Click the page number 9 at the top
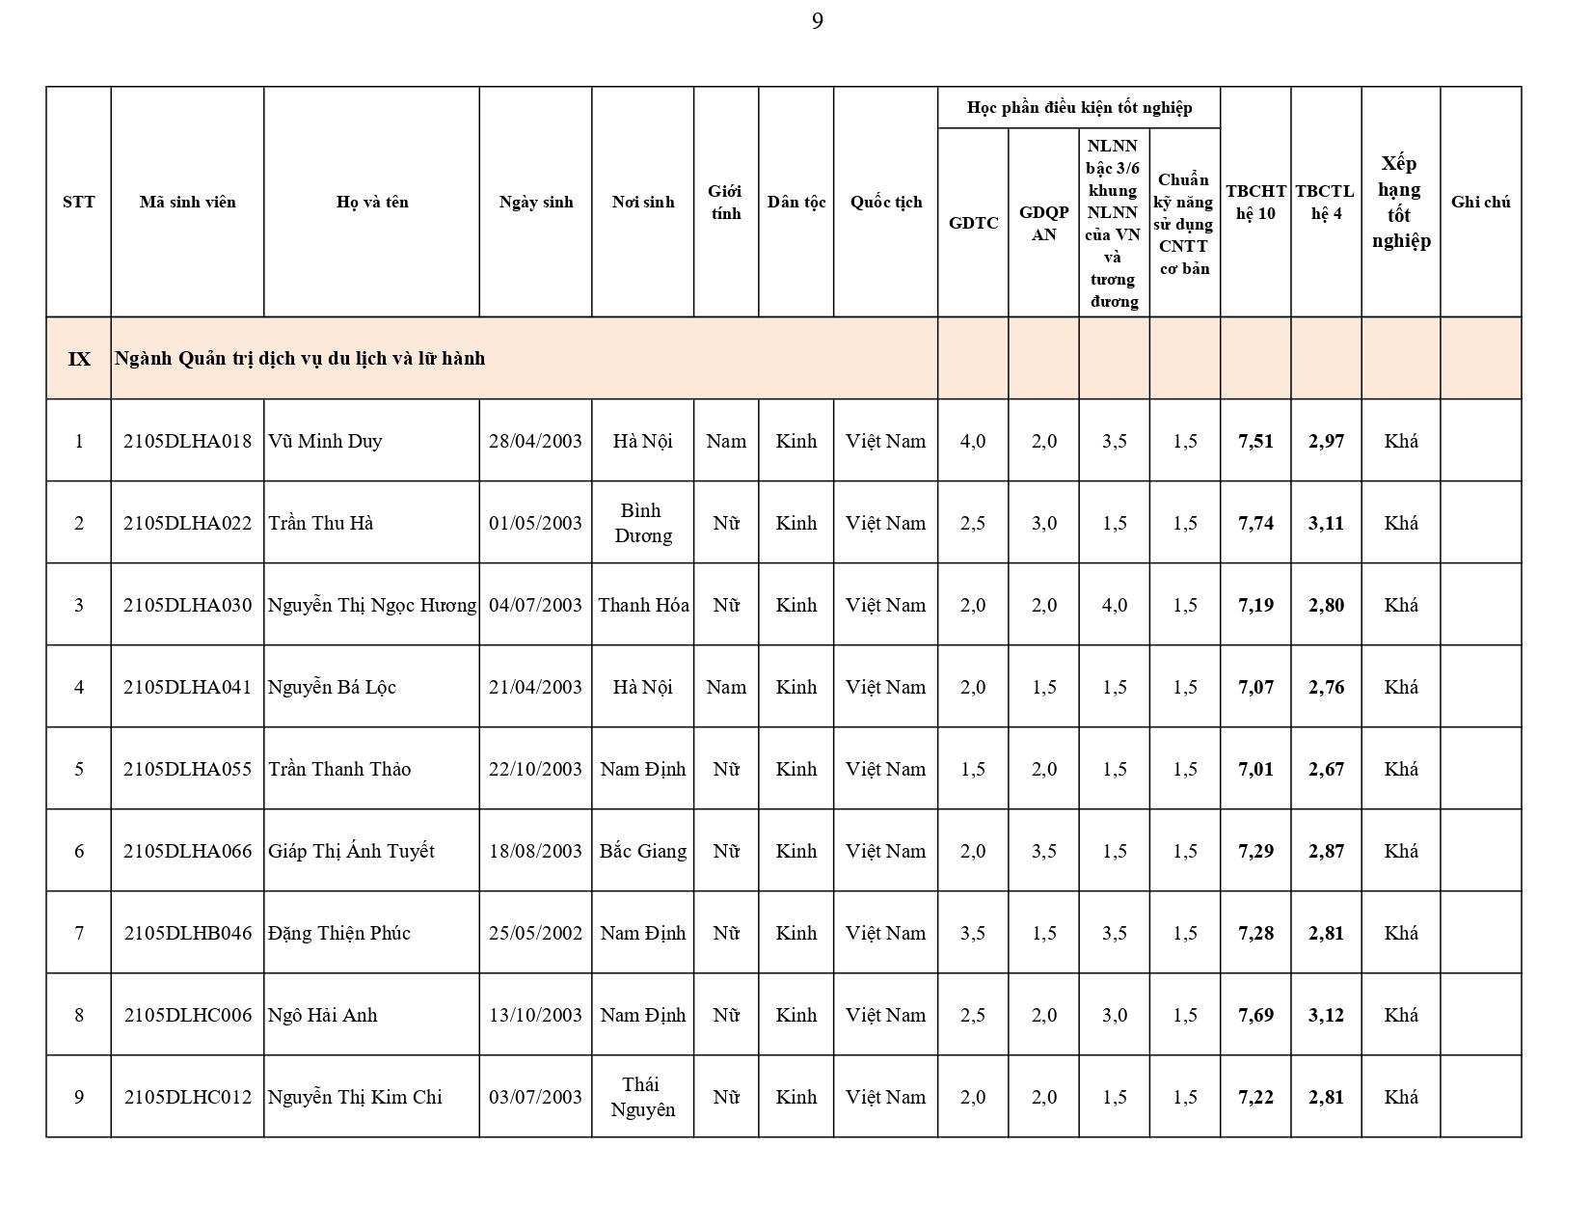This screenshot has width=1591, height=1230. [x=817, y=21]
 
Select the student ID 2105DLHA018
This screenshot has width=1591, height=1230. [x=187, y=441]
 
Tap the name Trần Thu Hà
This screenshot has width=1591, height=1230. [x=321, y=523]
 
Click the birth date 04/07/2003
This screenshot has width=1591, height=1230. [x=535, y=605]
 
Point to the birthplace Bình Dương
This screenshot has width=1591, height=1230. [x=642, y=523]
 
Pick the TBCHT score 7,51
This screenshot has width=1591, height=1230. [x=1255, y=441]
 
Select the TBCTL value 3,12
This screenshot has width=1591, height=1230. [x=1326, y=1015]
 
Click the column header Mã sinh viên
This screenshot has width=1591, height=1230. [x=187, y=202]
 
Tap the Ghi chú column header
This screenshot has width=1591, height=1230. [x=1480, y=202]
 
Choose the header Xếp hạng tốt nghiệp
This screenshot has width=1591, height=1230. [x=1400, y=202]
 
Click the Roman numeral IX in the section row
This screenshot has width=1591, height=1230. [x=79, y=359]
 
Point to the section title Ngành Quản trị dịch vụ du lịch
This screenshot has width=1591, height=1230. [x=300, y=358]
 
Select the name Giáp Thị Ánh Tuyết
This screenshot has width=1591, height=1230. [x=351, y=851]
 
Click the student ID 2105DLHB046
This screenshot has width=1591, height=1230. [x=187, y=933]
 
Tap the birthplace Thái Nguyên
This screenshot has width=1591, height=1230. [x=642, y=1097]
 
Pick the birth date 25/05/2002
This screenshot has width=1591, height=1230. [x=535, y=933]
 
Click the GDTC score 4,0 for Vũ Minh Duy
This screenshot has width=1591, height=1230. [x=973, y=441]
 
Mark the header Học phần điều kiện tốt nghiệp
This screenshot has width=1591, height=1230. [x=1079, y=107]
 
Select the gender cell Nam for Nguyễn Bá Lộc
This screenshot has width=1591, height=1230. [x=726, y=687]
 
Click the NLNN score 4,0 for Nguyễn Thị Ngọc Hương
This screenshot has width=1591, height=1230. [x=1114, y=605]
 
